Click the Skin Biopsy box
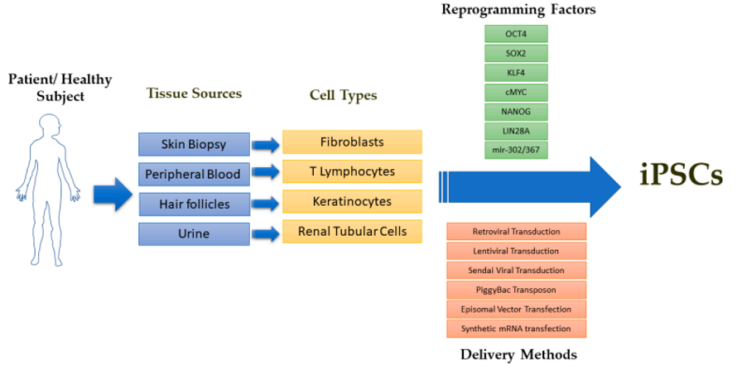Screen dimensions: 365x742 click(193, 145)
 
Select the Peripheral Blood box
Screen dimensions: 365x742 click(193, 174)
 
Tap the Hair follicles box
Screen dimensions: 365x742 click(193, 203)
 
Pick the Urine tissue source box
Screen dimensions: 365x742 click(193, 233)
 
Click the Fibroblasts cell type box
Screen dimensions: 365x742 click(352, 142)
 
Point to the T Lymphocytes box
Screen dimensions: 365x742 click(352, 171)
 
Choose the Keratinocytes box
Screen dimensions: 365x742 click(352, 201)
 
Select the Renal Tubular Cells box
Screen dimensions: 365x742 click(352, 231)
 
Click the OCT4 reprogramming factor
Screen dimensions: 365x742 click(516, 34)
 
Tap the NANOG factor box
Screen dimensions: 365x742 click(516, 111)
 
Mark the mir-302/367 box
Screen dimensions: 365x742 click(516, 149)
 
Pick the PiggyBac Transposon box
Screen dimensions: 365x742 click(516, 290)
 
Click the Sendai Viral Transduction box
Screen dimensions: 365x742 click(516, 270)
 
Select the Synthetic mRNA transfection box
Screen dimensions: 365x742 click(516, 329)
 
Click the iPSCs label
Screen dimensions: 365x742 click(682, 175)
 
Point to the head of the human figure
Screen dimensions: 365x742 click(47, 127)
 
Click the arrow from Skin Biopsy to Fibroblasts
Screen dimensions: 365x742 click(265, 145)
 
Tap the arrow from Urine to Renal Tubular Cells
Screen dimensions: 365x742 click(265, 233)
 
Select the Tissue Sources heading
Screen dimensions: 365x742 click(194, 94)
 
